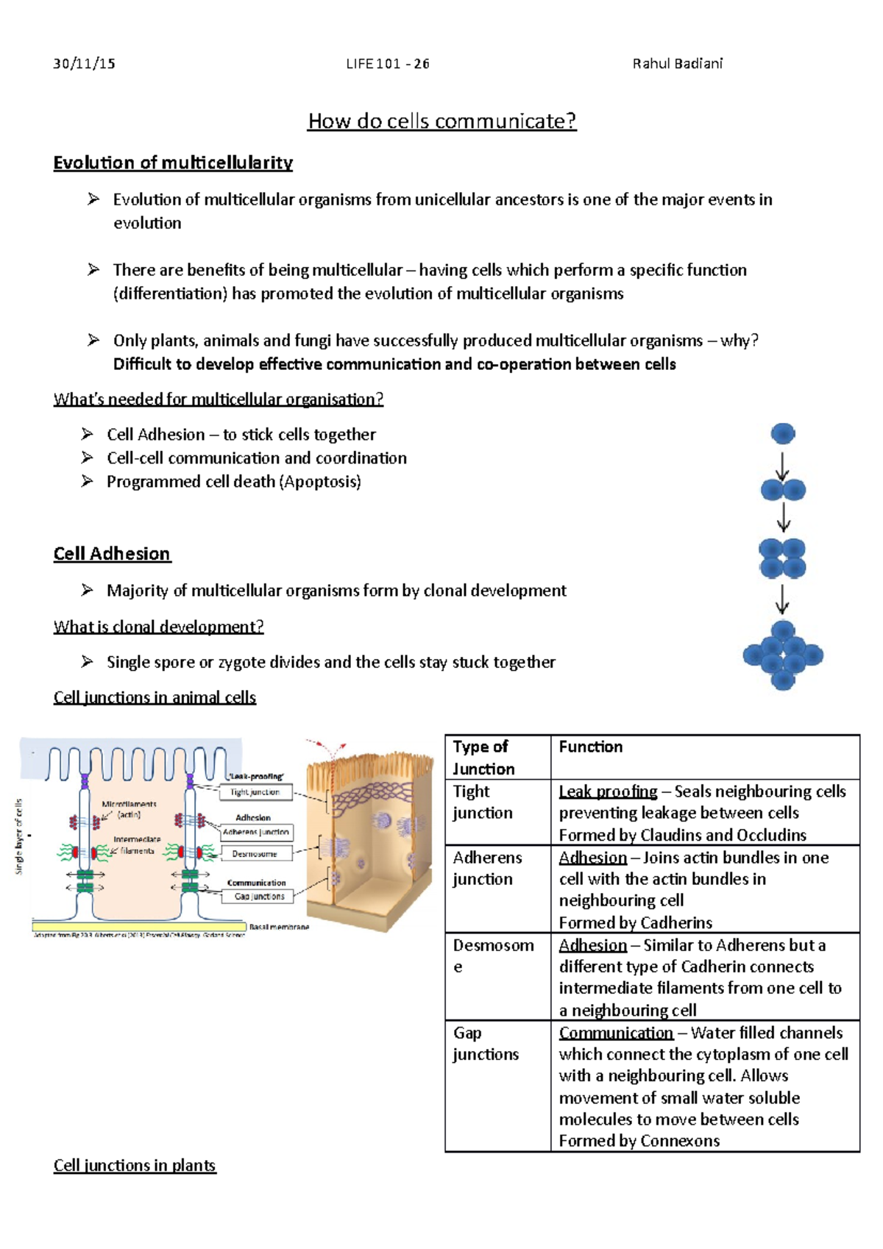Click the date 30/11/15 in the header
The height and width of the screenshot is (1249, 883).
click(x=84, y=64)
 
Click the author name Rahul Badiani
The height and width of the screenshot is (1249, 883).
click(x=677, y=64)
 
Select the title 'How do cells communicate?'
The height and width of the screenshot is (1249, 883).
click(x=441, y=121)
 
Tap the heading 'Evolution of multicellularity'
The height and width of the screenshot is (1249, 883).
click(x=173, y=163)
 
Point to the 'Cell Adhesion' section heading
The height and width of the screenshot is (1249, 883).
click(x=112, y=554)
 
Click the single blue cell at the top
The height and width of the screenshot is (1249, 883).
click(x=783, y=433)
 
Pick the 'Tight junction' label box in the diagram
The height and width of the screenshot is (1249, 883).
click(x=255, y=792)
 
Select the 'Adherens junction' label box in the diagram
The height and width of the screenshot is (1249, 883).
click(x=256, y=832)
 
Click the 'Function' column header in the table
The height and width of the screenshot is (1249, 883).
click(x=590, y=747)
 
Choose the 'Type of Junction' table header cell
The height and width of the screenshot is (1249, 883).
click(x=483, y=758)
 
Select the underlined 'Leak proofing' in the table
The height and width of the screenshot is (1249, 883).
click(x=608, y=791)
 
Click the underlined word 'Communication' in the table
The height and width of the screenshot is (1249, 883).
click(x=616, y=1033)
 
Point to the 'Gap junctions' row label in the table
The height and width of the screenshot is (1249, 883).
click(x=486, y=1044)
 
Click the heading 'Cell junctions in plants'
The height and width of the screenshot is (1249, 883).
click(x=135, y=1165)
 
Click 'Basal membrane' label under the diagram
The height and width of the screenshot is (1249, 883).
click(x=279, y=927)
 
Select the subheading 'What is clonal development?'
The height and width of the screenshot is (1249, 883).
click(x=158, y=627)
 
